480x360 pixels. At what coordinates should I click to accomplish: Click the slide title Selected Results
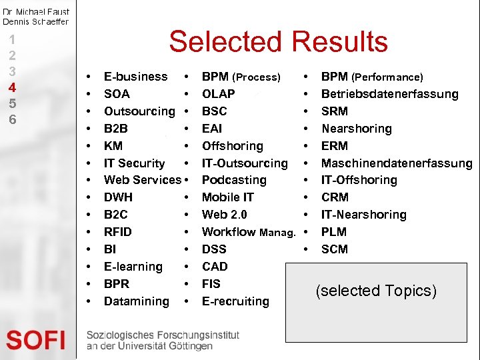(x=278, y=41)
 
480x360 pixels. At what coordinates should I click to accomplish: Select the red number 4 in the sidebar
(x=12, y=87)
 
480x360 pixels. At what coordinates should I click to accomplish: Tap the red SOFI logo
(x=36, y=340)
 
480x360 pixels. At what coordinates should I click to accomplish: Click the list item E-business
(x=136, y=77)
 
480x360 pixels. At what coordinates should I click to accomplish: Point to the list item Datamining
(x=137, y=301)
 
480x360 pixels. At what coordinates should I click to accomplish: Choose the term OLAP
(x=218, y=94)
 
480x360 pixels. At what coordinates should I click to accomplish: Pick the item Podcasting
(x=234, y=180)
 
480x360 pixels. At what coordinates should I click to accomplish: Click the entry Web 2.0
(x=224, y=215)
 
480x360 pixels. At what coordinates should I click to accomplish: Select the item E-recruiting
(x=235, y=301)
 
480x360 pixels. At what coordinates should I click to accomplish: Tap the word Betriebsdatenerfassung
(x=390, y=94)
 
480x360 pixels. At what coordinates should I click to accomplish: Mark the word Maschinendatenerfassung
(x=397, y=163)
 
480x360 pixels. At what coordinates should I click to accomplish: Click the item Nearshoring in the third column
(x=357, y=129)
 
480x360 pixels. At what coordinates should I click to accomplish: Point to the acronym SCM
(x=335, y=249)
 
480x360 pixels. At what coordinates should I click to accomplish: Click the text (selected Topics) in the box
(x=377, y=291)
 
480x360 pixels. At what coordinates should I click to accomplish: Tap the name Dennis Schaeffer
(x=35, y=21)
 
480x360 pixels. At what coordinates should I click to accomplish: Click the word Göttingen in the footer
(x=189, y=346)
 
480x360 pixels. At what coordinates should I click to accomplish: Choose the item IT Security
(x=134, y=163)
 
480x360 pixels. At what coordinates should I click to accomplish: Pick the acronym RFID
(x=118, y=232)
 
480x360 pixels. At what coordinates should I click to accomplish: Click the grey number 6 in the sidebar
(x=12, y=119)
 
